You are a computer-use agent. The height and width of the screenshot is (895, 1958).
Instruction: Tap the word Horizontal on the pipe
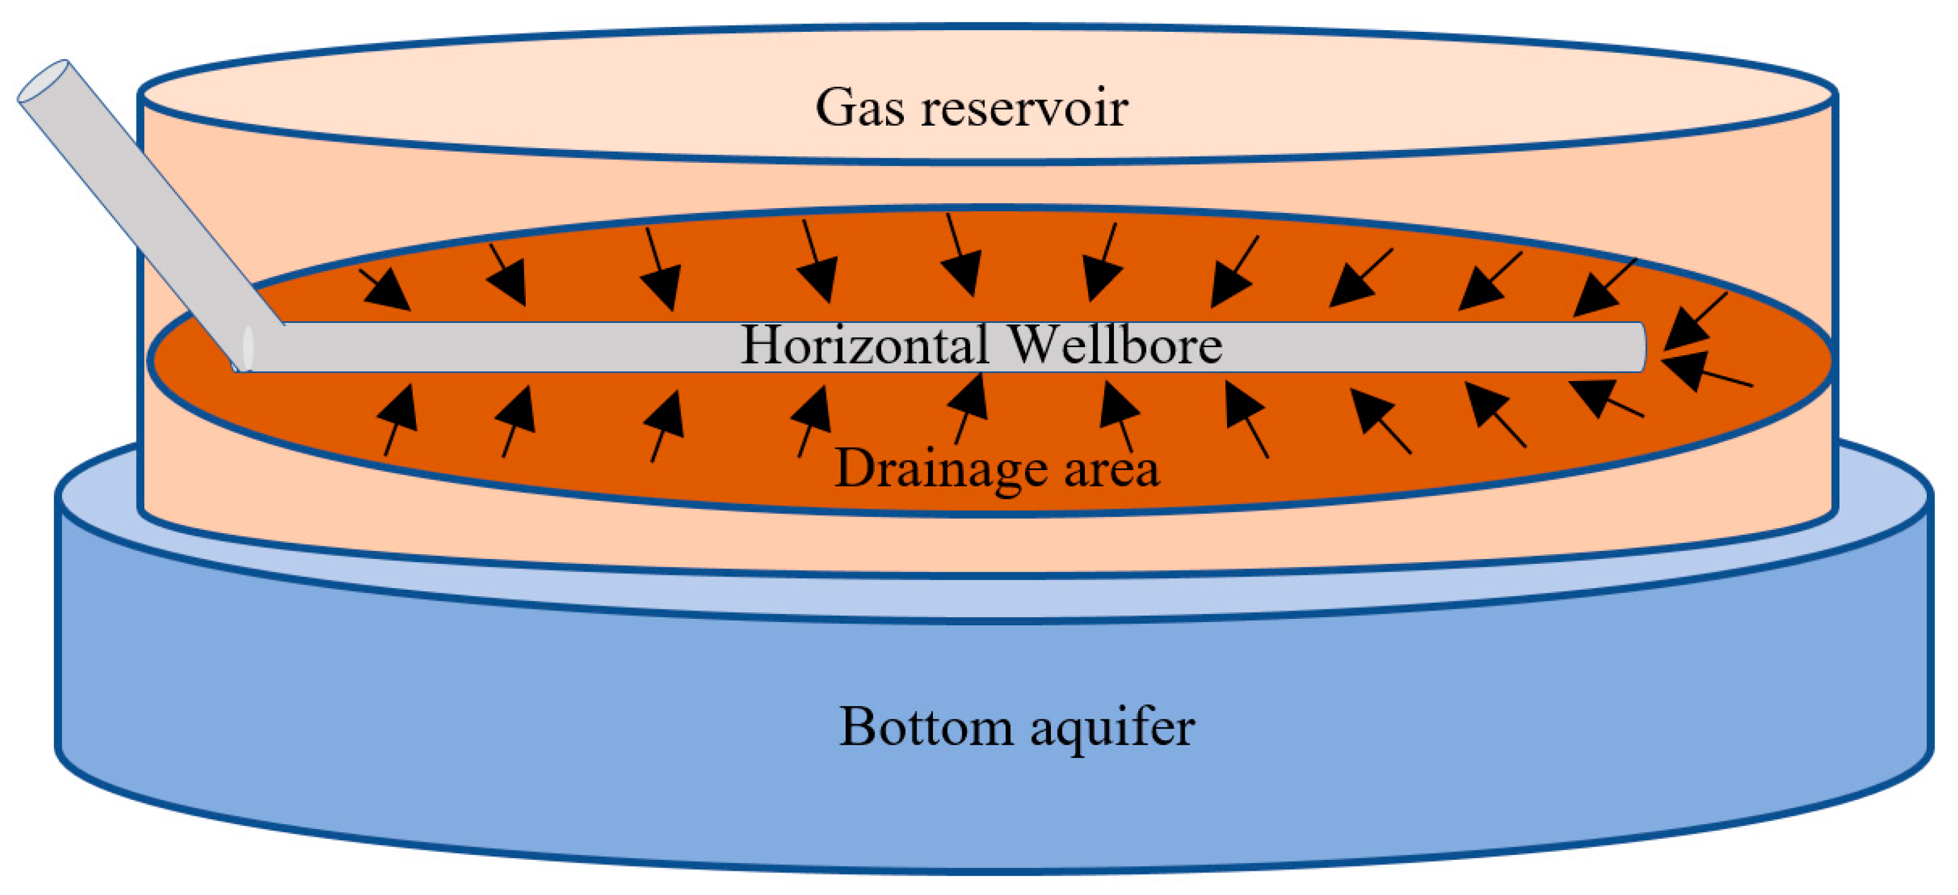pyautogui.click(x=864, y=345)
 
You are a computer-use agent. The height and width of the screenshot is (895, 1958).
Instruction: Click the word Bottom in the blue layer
pyautogui.click(x=925, y=727)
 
